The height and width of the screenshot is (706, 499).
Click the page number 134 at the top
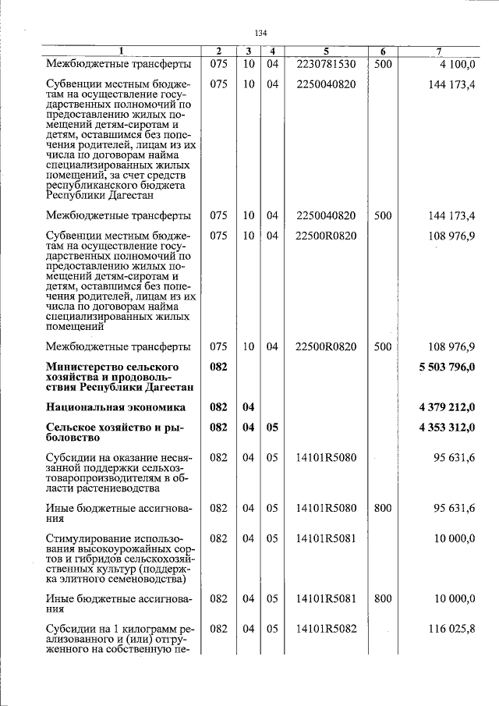coord(260,33)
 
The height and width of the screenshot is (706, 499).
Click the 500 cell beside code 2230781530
coord(382,64)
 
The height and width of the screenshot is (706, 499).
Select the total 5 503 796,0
coord(446,367)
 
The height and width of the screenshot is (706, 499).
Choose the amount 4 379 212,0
coord(446,407)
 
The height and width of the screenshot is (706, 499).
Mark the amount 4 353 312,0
coord(446,428)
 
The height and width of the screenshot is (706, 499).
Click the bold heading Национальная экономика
coord(115,407)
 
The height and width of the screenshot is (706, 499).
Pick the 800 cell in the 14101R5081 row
coord(382,599)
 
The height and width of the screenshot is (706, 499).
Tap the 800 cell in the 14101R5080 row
coord(382,508)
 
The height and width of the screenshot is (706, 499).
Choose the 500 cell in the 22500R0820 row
coord(382,346)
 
